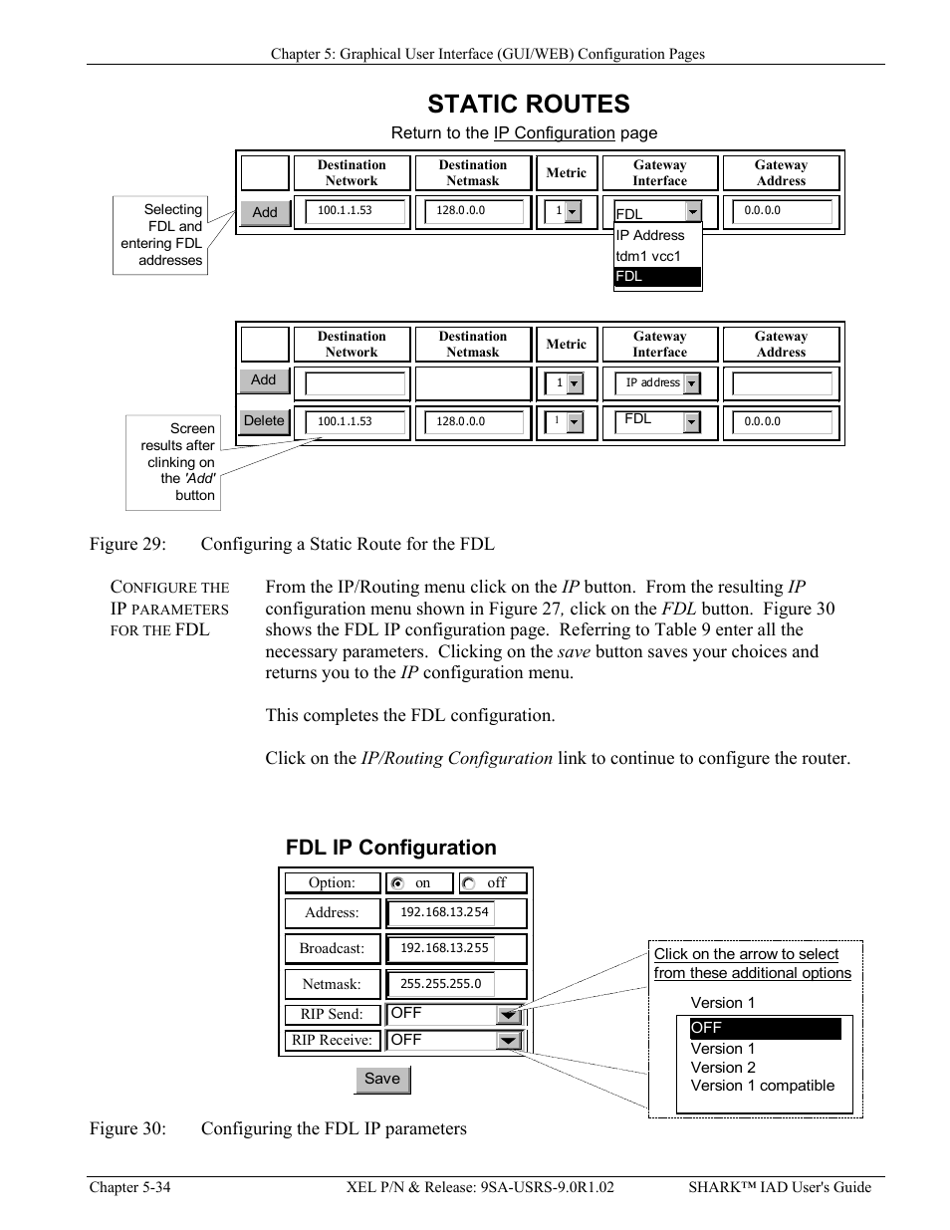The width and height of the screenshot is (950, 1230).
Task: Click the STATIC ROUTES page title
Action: (528, 104)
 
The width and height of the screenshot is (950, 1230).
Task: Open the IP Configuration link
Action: (554, 133)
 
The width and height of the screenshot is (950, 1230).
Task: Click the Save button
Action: (382, 1079)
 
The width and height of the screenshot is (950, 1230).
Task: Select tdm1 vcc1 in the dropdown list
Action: (648, 256)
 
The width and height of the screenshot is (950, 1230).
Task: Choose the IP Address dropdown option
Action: (650, 235)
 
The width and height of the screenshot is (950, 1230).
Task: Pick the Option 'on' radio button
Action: (398, 883)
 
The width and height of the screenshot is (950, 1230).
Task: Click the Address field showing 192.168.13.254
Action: (445, 912)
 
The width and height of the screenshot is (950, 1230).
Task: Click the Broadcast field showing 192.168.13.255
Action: (445, 948)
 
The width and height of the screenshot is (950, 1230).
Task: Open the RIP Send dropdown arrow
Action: (509, 1015)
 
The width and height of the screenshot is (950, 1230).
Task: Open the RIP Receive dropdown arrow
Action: (509, 1041)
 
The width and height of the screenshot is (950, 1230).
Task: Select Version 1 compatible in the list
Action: (762, 1086)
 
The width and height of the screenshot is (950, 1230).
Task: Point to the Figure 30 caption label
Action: (127, 1128)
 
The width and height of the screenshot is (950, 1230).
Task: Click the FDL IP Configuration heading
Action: (390, 848)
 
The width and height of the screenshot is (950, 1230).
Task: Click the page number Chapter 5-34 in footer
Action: (129, 1187)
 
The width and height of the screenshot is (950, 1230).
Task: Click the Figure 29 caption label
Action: (127, 544)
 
